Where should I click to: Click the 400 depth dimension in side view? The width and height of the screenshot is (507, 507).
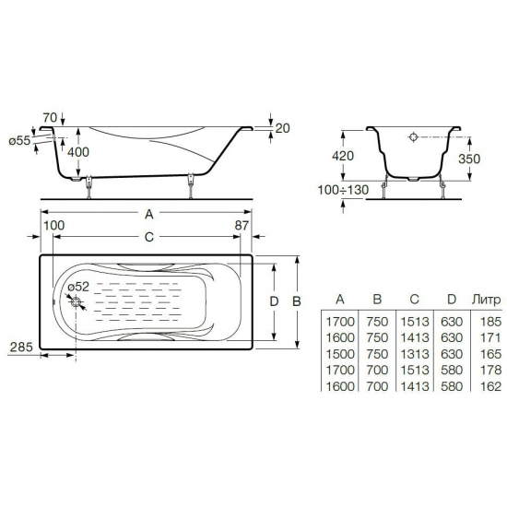[78, 152]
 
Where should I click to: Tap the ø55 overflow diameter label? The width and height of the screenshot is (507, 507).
[19, 141]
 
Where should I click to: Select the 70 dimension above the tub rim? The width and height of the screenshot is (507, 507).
[50, 117]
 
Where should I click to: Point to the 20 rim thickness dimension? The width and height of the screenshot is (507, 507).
[283, 128]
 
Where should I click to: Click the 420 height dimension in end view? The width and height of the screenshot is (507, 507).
[343, 156]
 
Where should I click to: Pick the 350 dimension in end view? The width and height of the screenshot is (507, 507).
[469, 159]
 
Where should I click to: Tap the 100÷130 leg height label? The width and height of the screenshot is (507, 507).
[343, 190]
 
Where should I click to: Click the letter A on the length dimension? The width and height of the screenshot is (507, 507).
[148, 214]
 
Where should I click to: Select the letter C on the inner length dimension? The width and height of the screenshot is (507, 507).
[148, 237]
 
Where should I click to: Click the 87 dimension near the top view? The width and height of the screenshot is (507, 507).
[242, 225]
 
